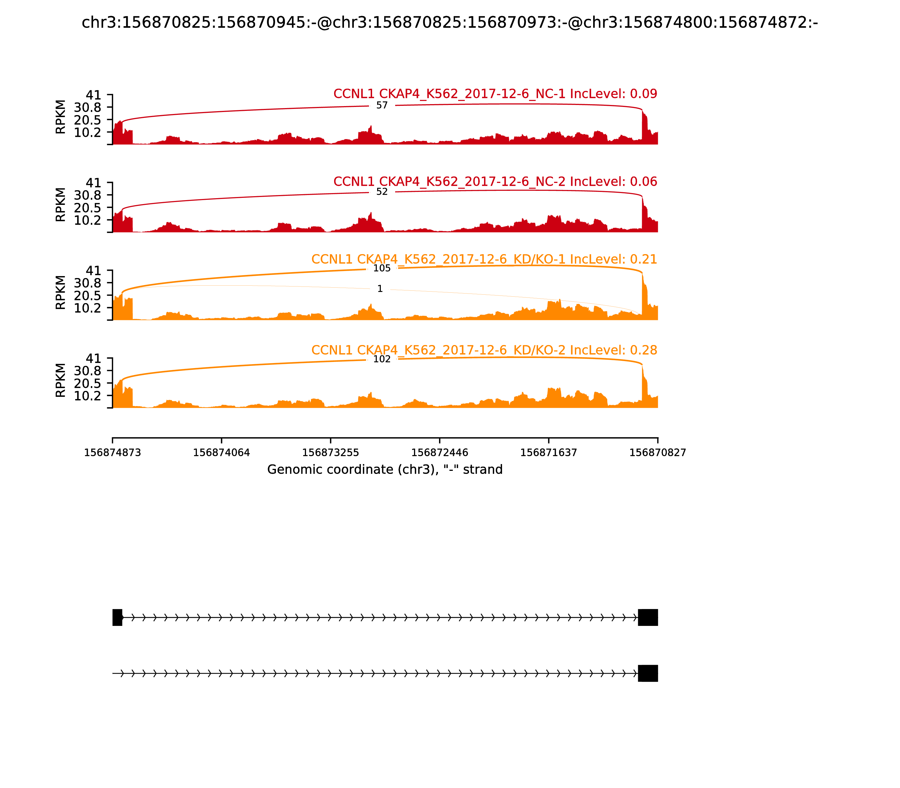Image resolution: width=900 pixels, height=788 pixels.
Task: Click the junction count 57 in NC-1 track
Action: tap(382, 106)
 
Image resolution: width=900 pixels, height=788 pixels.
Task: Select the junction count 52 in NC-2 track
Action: tap(382, 192)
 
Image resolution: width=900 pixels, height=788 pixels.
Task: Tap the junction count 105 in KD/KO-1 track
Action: tap(382, 268)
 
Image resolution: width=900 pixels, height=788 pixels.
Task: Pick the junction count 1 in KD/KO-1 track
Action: tap(380, 289)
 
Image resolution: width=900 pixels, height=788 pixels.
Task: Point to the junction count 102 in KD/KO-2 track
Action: tap(382, 359)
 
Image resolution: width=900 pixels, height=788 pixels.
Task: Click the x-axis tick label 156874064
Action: tap(222, 453)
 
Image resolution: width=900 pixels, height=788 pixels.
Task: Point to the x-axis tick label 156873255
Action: tap(330, 453)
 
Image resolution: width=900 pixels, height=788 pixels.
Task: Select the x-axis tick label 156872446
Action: tap(439, 453)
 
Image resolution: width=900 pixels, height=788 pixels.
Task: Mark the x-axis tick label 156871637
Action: tap(548, 453)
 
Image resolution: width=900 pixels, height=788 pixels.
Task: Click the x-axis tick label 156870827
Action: tap(658, 453)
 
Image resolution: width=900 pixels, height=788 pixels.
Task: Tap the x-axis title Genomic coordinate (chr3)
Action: tap(384, 470)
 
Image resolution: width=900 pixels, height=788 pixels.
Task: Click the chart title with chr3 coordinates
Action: tap(449, 23)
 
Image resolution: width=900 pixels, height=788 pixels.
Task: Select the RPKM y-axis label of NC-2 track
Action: tap(61, 205)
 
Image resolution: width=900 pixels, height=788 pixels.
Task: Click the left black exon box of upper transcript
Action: tap(117, 617)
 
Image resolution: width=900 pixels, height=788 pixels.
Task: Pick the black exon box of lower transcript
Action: tap(648, 673)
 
